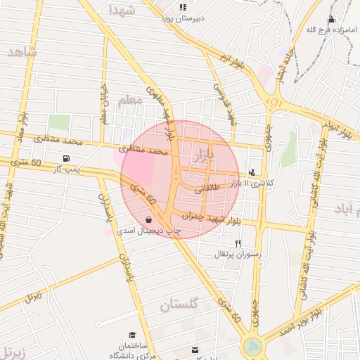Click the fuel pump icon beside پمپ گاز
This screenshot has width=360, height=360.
coord(66,158)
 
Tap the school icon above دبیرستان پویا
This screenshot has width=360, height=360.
coord(183,7)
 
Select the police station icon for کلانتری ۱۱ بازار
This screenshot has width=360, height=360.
coord(252,172)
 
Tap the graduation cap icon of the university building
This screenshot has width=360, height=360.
coord(131,335)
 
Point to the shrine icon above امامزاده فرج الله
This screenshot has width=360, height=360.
coord(331,19)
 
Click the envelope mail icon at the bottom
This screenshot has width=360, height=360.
coord(195,349)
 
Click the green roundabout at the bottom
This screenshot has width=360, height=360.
coord(252,347)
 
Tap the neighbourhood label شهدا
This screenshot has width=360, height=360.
coord(123,9)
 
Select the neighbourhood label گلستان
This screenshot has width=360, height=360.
coord(185,305)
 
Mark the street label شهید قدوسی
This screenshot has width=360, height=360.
coord(224,99)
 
